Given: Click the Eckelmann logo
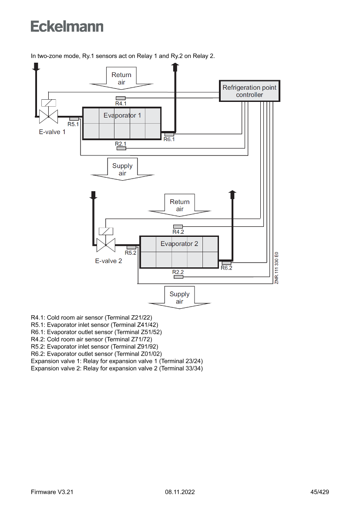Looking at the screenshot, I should click(x=67, y=26).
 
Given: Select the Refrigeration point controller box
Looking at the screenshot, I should click(x=249, y=91).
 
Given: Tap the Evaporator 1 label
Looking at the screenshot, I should click(x=122, y=115).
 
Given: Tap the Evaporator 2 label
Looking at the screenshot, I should click(x=179, y=244).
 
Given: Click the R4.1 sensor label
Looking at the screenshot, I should click(x=121, y=104).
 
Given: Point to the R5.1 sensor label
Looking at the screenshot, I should click(x=73, y=124).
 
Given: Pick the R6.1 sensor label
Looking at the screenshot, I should click(x=169, y=139).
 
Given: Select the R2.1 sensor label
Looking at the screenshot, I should click(x=121, y=144).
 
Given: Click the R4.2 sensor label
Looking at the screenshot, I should click(x=178, y=232).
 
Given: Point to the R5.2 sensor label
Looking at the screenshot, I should click(x=131, y=253).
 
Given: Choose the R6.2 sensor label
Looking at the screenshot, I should click(x=226, y=268).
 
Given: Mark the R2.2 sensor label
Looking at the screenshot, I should click(x=178, y=272).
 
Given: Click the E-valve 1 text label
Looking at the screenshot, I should click(x=52, y=132).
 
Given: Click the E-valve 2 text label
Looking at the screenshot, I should click(x=109, y=261).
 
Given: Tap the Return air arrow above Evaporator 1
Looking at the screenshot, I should click(x=121, y=78).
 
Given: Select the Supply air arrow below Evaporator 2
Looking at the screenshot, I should click(x=179, y=298).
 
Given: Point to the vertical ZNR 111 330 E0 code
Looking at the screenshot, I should click(x=276, y=268).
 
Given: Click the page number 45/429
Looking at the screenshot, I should click(x=320, y=492).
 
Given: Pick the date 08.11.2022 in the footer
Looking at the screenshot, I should click(x=180, y=492).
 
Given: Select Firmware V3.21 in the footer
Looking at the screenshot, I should click(x=52, y=492).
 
